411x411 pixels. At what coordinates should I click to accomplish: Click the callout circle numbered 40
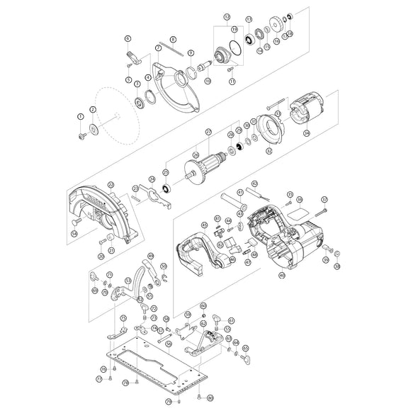pyautogui.click(x=282, y=274)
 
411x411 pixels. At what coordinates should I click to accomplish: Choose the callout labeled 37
pyautogui.click(x=325, y=199)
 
